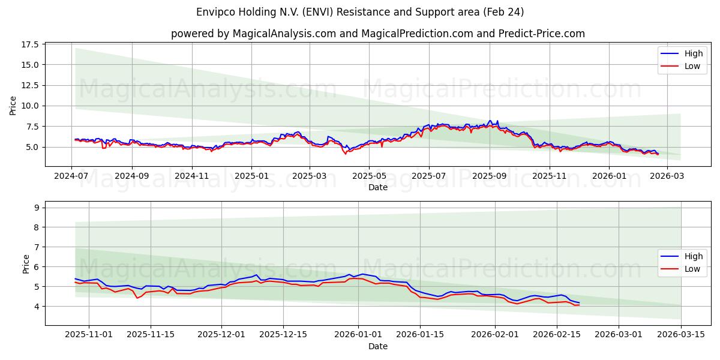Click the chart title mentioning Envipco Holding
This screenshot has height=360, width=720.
click(x=360, y=12)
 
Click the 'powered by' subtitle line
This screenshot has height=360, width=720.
click(x=378, y=34)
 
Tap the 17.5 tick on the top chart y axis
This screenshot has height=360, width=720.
click(x=30, y=44)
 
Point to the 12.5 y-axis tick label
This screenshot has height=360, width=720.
click(x=30, y=85)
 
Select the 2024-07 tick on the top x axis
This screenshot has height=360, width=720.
click(x=72, y=176)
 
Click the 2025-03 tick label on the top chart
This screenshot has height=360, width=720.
click(x=310, y=176)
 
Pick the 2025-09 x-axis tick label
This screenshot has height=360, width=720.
click(x=489, y=176)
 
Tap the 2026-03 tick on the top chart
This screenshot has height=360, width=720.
click(x=667, y=176)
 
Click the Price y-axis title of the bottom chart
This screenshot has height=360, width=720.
click(x=26, y=263)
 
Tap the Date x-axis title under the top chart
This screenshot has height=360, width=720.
click(x=378, y=187)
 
